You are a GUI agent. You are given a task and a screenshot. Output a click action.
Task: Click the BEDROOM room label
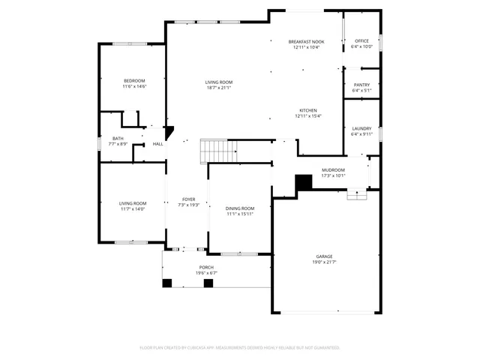point(135,80)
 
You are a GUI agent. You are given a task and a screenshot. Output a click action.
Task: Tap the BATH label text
point(118,138)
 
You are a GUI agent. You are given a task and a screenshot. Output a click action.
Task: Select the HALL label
point(157,144)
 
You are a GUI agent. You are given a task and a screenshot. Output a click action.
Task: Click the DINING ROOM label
point(241,208)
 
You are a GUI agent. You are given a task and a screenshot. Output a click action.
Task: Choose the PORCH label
point(206,268)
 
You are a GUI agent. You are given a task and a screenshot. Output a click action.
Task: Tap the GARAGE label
point(324,256)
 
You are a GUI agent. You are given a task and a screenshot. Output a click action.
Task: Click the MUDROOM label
point(333,170)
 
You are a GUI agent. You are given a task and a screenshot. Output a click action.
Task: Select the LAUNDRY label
point(361,129)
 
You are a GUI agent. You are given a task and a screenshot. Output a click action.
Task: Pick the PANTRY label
point(361,85)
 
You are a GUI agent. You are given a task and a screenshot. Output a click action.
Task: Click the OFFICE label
point(361,40)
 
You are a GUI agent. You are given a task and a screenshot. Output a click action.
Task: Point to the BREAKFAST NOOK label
point(307,41)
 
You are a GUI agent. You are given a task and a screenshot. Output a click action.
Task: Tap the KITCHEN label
point(308,110)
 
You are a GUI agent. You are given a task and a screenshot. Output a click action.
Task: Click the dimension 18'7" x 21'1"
point(219,88)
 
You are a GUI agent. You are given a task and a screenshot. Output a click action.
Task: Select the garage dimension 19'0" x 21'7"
point(324,262)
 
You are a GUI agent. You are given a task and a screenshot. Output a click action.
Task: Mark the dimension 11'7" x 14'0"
point(132,209)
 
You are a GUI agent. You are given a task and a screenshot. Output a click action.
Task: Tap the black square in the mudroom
point(304,182)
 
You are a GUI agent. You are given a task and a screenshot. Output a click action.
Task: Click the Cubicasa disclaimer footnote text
point(240,347)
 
